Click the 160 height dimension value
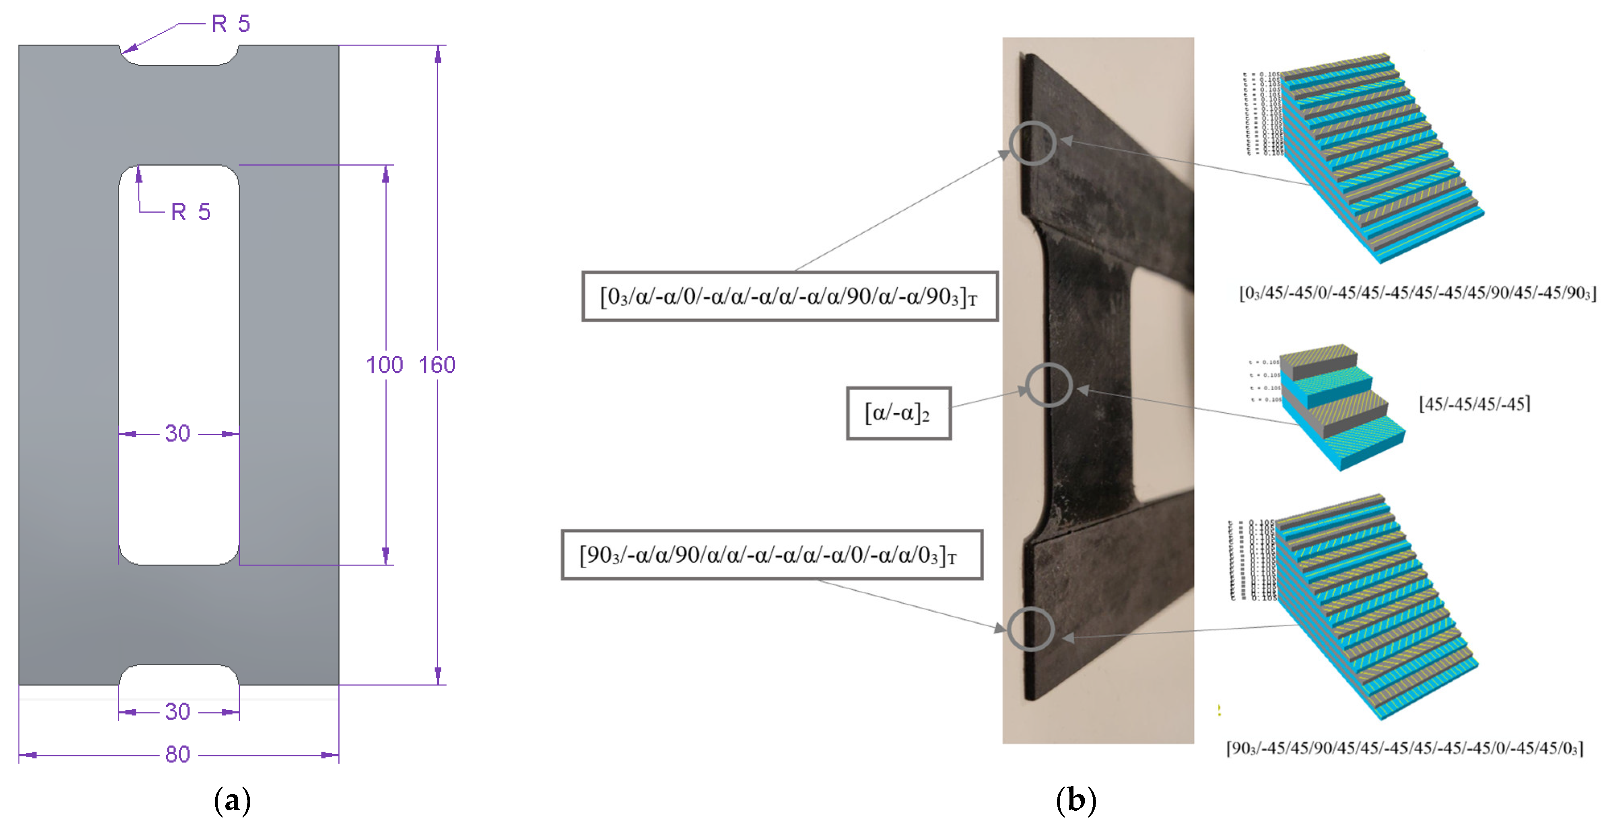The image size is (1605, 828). coord(437,365)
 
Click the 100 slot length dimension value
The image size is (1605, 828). coord(384,365)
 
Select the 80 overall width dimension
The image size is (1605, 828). coord(177,754)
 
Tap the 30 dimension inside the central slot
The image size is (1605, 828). coord(177,433)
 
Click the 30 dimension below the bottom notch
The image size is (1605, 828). coord(177,711)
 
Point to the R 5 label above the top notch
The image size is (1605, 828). coord(231,24)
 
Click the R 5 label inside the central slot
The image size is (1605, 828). coord(191,212)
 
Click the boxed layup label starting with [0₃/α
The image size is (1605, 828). coord(789,296)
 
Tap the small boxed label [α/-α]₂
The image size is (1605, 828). coord(898,413)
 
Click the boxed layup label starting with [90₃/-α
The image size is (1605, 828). coord(771,555)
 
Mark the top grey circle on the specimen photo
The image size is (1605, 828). coord(1032,143)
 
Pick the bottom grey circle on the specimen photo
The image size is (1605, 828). coord(1032,629)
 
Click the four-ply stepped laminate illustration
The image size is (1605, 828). coord(1339,408)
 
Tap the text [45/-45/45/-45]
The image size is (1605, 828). coord(1474,404)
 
